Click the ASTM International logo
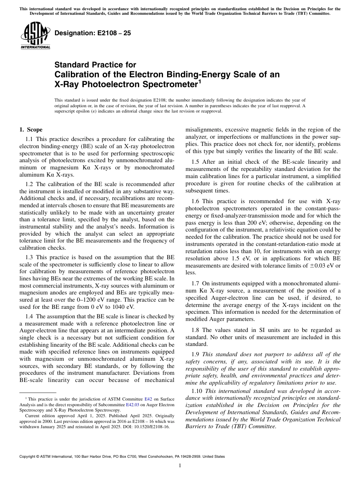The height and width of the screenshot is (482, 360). (x=35, y=36)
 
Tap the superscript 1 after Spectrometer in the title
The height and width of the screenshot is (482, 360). (x=200, y=81)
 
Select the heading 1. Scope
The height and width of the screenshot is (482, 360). (x=31, y=130)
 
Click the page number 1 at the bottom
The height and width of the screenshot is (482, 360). (x=180, y=465)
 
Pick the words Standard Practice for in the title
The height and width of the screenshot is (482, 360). (x=95, y=65)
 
